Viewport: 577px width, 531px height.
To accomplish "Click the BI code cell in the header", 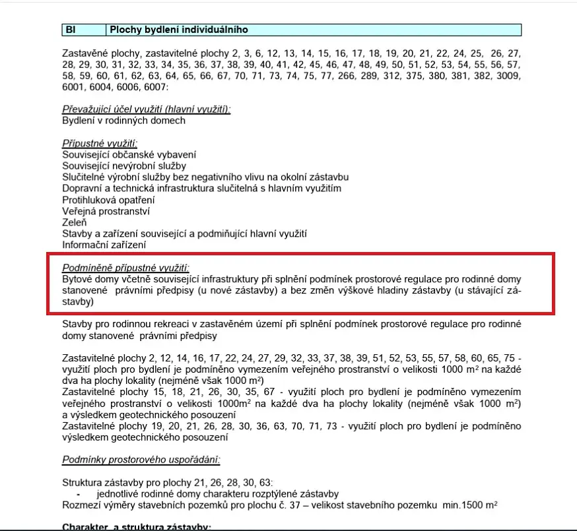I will point(72,30).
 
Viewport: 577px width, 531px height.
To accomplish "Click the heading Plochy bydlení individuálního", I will point(178,30).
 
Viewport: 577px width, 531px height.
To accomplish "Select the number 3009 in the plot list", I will point(509,77).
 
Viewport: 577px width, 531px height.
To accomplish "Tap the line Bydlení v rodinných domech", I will point(123,121).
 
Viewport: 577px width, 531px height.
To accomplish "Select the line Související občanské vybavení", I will point(129,155).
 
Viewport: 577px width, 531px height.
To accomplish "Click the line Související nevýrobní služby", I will point(124,166).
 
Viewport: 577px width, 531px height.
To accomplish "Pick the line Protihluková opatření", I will point(108,200).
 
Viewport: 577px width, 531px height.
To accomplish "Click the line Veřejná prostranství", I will point(106,211).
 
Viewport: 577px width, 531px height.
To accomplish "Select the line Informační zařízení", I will point(104,245).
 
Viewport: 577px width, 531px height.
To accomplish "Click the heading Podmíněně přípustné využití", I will point(125,268).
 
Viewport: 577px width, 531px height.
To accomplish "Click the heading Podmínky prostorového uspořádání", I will point(141,459).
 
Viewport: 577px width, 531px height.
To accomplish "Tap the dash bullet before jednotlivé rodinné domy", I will point(79,494).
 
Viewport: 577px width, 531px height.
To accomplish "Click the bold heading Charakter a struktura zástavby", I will point(136,527).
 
